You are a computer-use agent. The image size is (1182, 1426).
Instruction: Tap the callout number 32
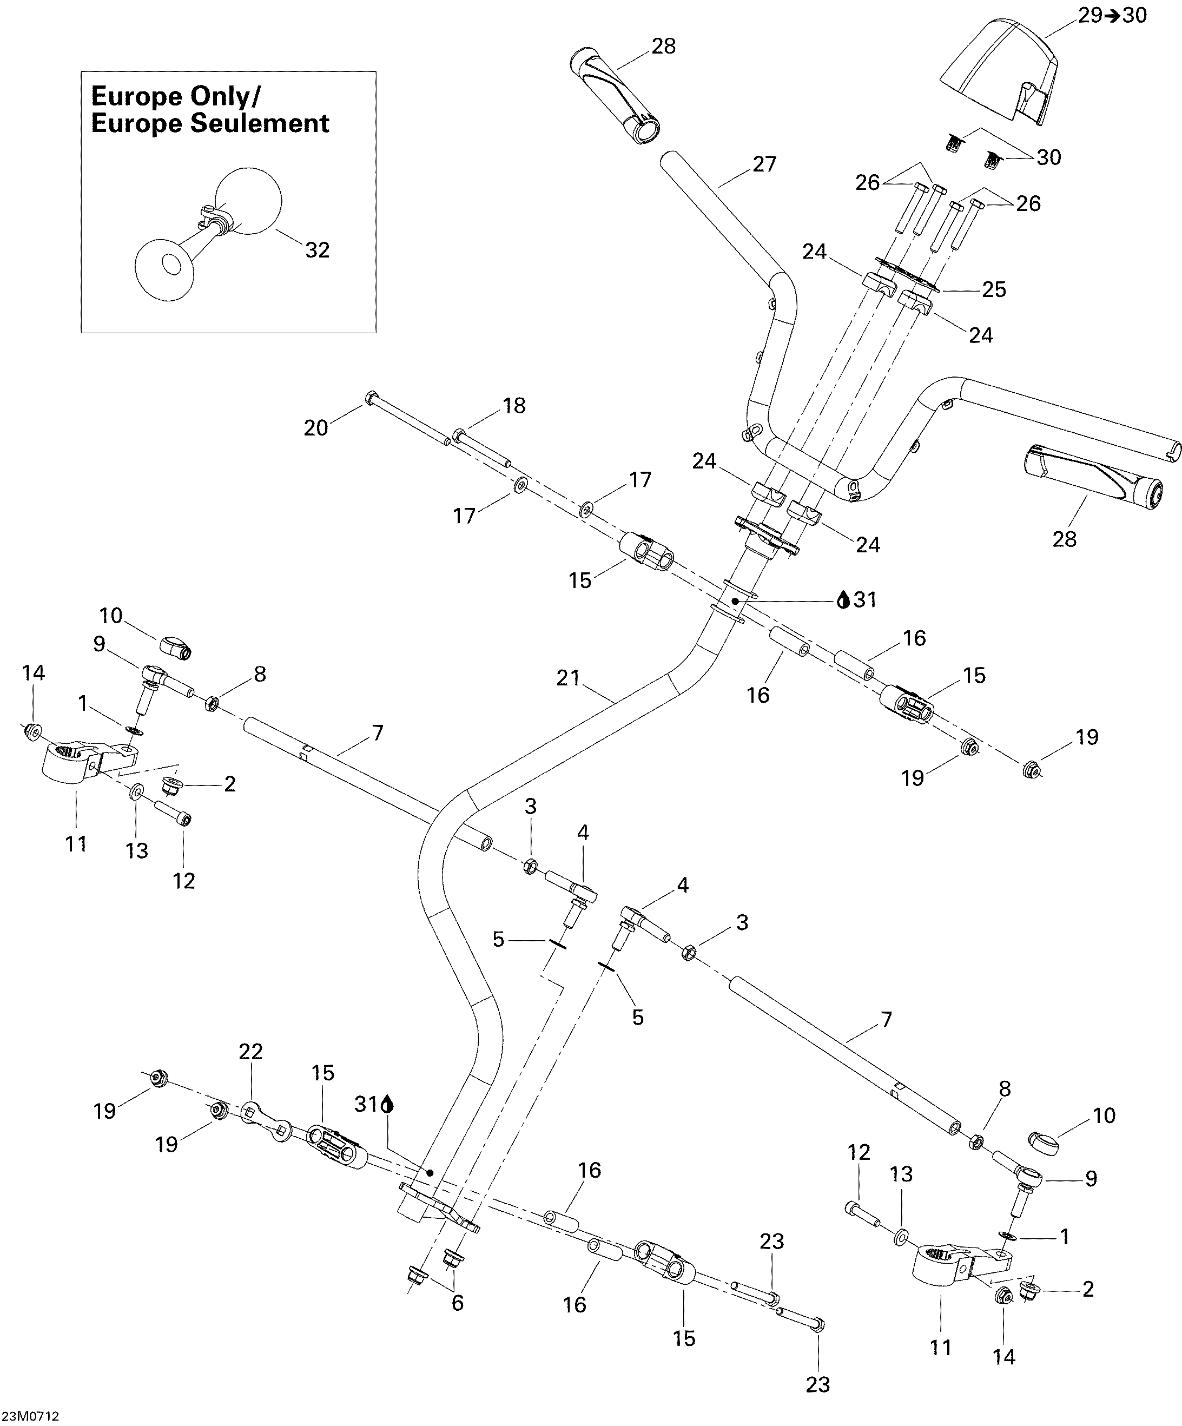tap(317, 250)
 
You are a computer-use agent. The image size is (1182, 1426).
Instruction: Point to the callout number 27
tap(764, 164)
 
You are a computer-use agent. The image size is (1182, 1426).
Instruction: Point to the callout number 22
tap(250, 1051)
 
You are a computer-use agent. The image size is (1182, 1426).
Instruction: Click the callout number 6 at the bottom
tap(458, 1303)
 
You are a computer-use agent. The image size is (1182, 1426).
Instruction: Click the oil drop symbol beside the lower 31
tap(388, 1105)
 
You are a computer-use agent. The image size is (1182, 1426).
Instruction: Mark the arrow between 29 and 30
tap(1113, 15)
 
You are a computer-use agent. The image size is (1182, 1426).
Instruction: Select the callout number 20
tap(316, 428)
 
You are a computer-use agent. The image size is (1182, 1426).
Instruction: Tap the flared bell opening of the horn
tap(165, 268)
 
